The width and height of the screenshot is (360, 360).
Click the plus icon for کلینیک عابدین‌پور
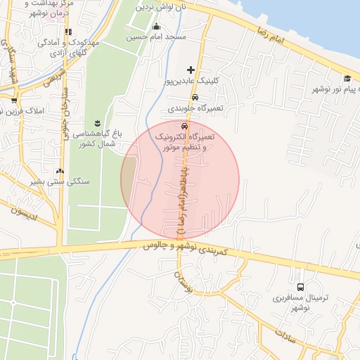point(191,70)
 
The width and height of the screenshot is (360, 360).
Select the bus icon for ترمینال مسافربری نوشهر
point(301,287)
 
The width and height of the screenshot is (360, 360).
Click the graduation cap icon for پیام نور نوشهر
point(347,78)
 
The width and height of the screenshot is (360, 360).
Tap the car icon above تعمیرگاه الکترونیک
point(185,126)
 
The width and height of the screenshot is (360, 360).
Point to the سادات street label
point(284,332)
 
